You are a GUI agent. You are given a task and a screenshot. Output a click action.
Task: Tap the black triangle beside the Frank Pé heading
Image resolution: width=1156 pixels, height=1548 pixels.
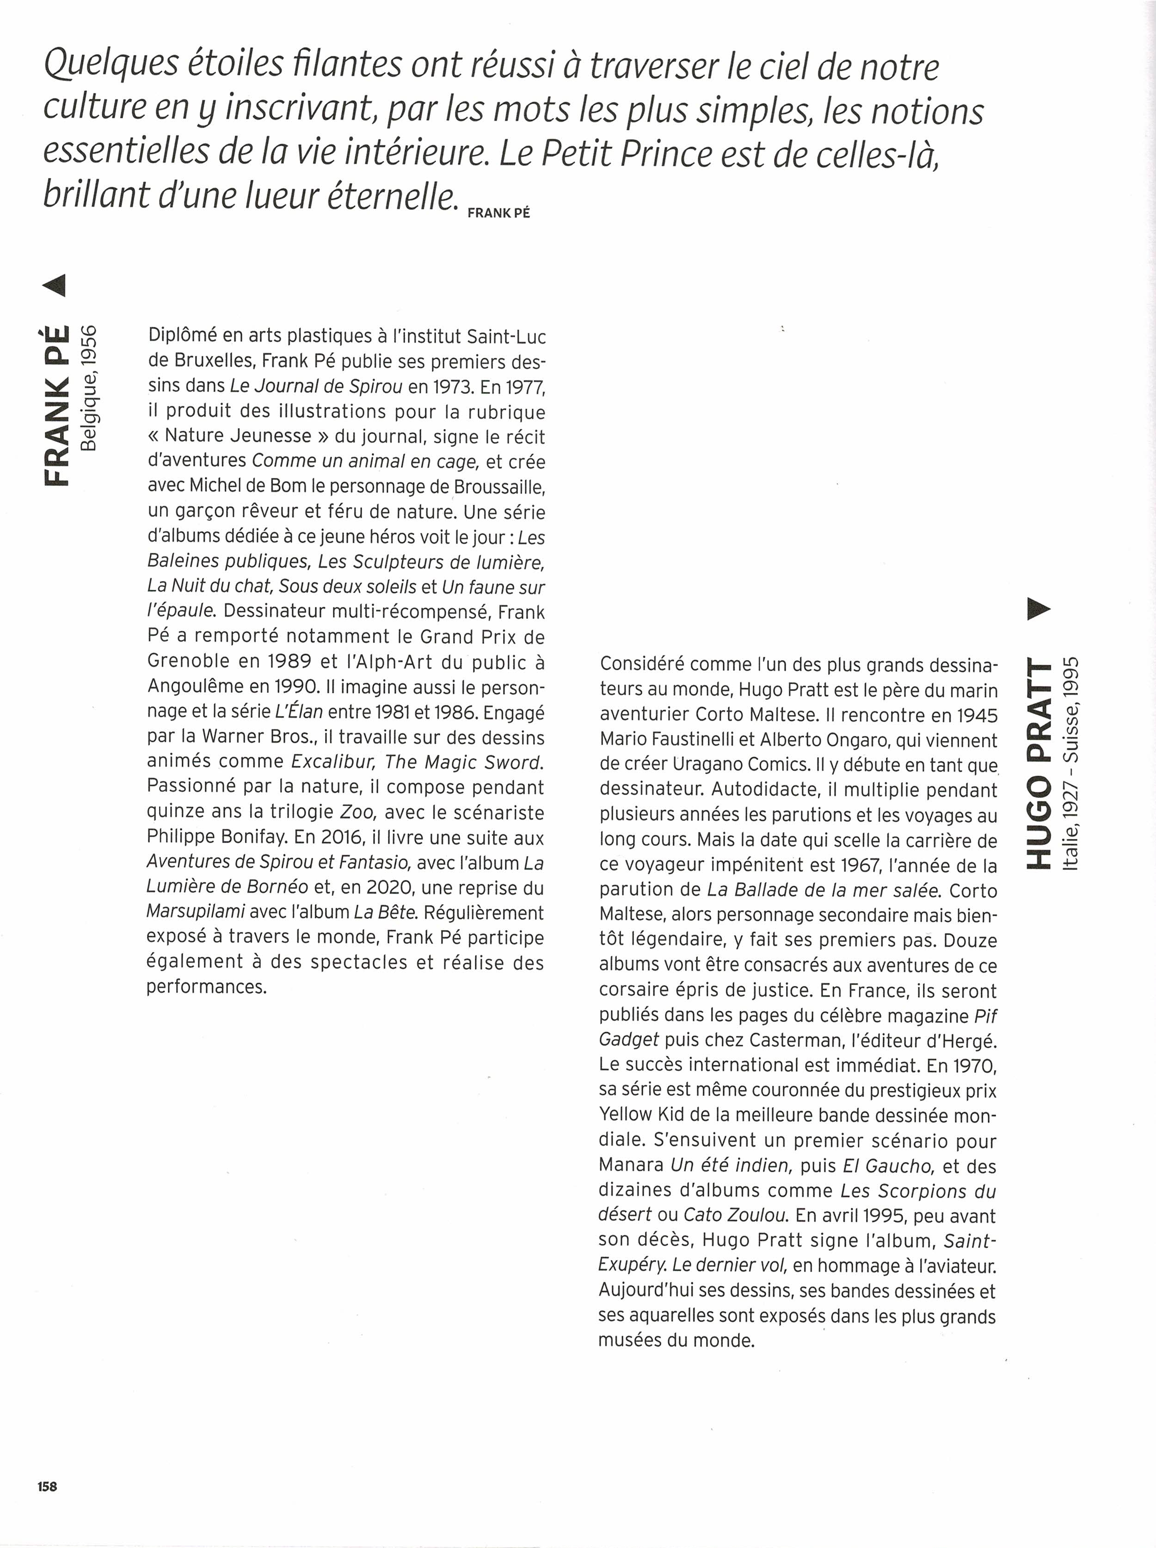(55, 285)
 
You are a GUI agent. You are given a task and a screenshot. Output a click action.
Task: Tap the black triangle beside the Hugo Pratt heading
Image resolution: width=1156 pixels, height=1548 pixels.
(1039, 609)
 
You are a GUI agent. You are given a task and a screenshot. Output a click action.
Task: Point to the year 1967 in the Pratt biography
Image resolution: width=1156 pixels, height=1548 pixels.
(850, 865)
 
